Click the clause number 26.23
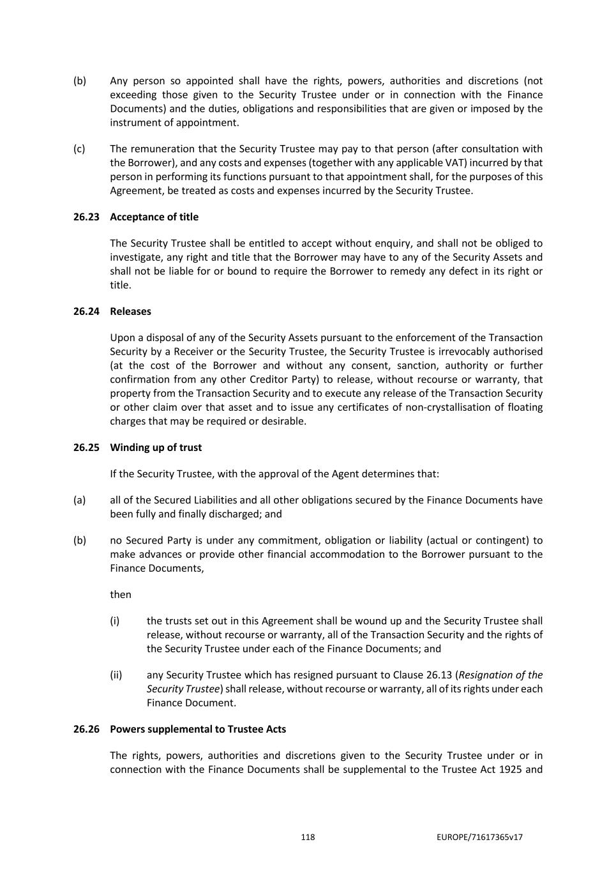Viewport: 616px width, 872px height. point(86,217)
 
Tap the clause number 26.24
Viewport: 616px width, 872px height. point(86,312)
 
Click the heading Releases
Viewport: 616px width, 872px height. point(130,312)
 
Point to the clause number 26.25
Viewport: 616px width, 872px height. point(86,448)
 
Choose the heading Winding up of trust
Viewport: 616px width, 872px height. point(156,448)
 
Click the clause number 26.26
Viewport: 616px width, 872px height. point(86,730)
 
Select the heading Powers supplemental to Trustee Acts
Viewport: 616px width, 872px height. point(198,730)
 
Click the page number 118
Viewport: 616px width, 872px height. point(308,838)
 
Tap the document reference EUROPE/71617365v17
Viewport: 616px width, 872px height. point(480,838)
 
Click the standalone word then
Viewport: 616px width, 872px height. point(121,595)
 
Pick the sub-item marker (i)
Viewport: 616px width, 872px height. point(115,621)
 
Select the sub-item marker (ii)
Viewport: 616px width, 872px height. point(116,675)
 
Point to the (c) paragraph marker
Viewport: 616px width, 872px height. point(79,149)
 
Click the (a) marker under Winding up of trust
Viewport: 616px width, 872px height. point(79,500)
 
